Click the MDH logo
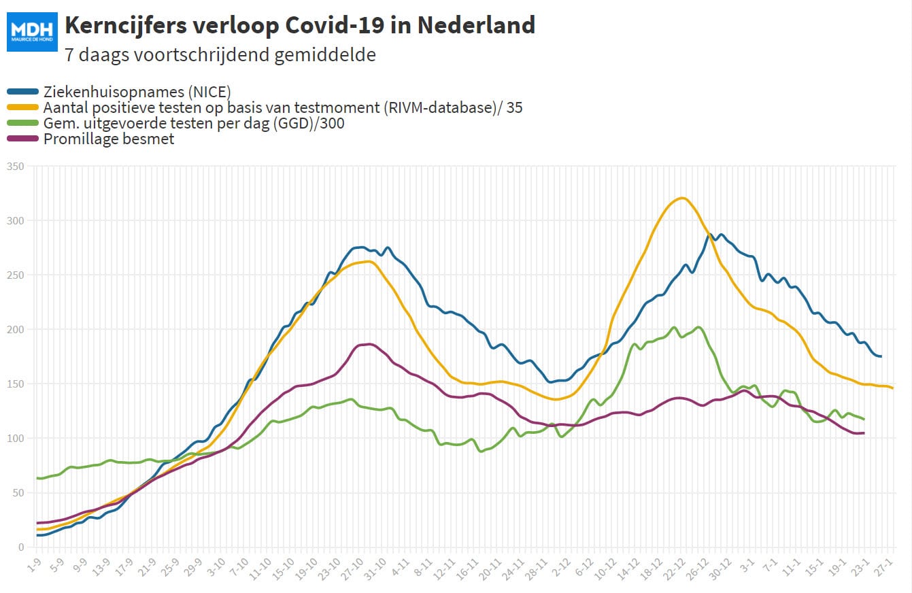32,32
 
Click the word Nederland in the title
476,25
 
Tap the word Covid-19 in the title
335,25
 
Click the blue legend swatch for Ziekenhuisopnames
23,92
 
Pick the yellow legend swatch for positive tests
23,107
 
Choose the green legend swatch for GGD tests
23,123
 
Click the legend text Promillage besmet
109,139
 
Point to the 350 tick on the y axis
15,166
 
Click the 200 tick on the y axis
15,329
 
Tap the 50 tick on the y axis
18,492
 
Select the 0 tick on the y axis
21,547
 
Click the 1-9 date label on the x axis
34,565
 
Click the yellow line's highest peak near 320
682,198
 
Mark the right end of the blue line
881,356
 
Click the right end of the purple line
864,433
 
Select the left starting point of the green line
37,478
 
